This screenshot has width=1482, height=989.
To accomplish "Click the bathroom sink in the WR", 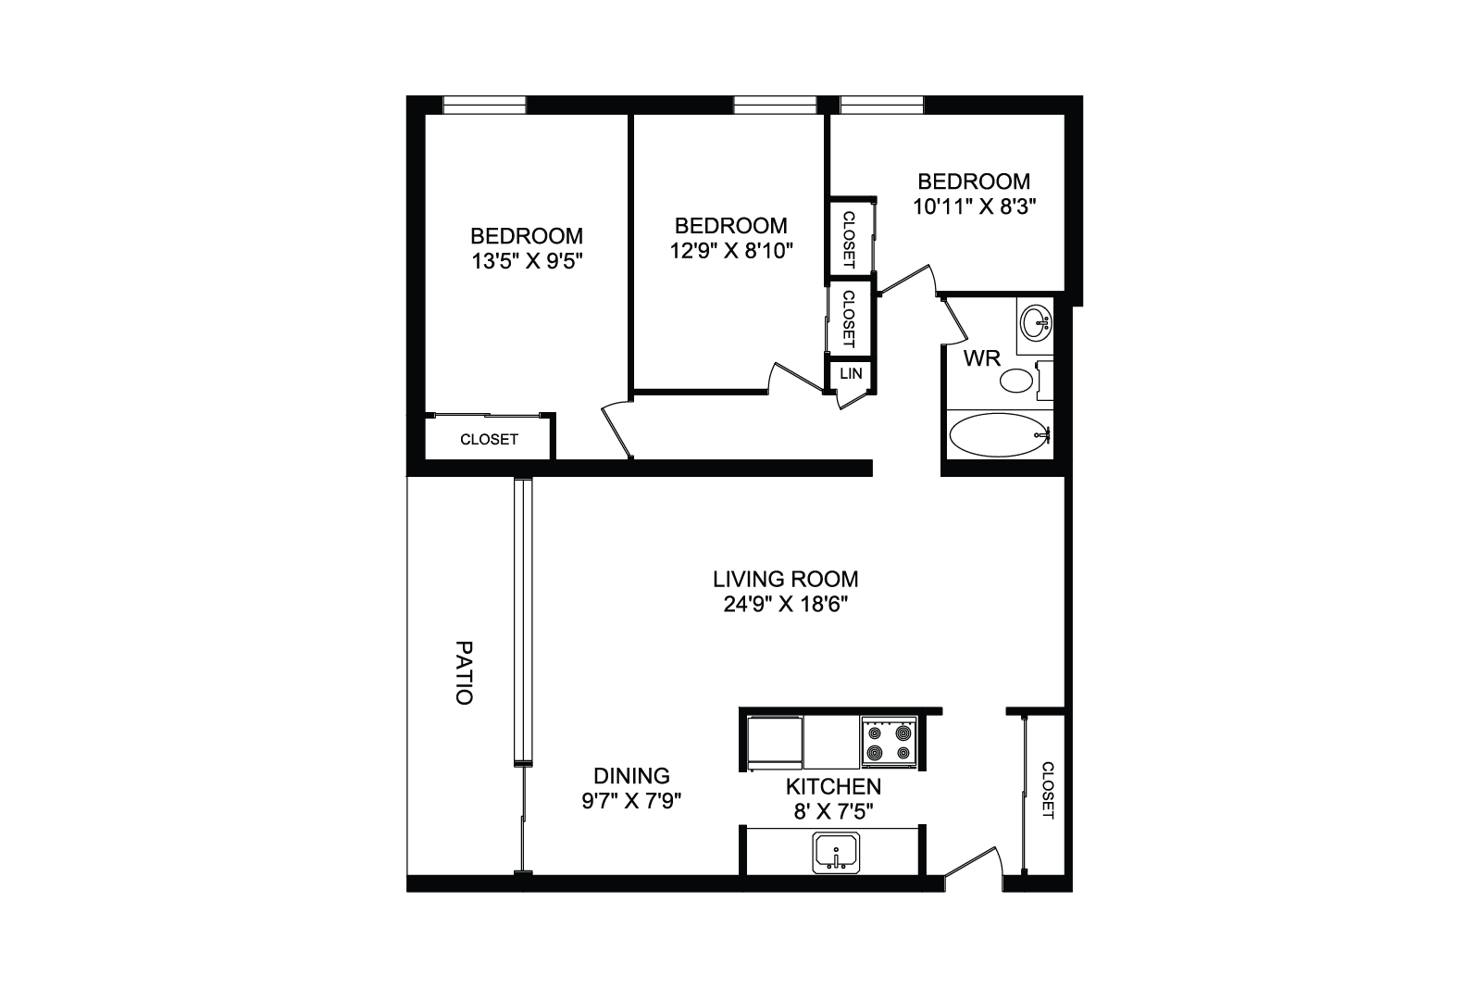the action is point(1035,322).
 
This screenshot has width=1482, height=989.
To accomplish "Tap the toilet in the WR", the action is point(1025,381).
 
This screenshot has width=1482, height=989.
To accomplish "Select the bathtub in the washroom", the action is point(999,435).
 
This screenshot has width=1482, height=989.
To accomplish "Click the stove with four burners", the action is point(890,742).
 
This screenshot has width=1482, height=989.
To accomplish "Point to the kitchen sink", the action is point(836,853).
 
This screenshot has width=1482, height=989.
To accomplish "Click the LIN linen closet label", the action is point(851,374).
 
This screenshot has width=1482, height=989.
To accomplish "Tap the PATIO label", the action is point(465,672).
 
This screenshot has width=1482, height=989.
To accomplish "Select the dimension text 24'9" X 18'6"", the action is point(785,605).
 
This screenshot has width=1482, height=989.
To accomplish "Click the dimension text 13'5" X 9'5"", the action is point(527,261).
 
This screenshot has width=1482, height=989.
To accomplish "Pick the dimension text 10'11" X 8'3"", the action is point(974,207).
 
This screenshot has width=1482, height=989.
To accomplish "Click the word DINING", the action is point(631,775).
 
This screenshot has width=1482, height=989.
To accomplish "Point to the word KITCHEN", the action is point(834,786).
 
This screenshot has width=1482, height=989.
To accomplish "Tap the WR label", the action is point(982,358).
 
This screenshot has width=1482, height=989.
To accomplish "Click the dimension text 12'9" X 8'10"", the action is point(731,251).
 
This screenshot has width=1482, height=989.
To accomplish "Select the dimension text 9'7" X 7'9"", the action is point(631,801).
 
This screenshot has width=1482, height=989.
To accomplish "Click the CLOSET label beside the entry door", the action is point(1048,791).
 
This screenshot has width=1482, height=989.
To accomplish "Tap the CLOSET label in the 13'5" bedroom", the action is point(489,440).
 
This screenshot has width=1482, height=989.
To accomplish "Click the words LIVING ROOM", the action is point(785,580).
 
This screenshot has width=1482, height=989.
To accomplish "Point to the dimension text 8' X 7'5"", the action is point(834,811).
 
